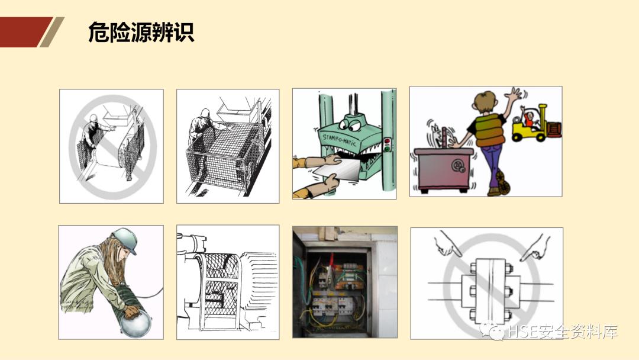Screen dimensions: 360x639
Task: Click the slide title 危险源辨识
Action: (x=141, y=32)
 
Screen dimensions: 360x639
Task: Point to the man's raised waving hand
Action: (x=514, y=95)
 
